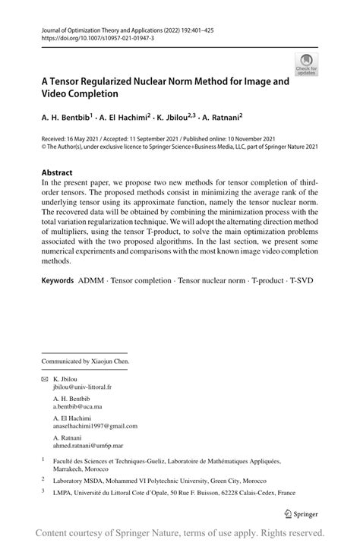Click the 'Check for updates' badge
point(307,65)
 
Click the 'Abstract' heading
point(57,172)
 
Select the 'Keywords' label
point(58,280)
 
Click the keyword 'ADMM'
point(92,280)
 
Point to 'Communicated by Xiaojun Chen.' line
point(85,361)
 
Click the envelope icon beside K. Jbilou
point(44,377)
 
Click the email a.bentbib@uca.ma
point(78,406)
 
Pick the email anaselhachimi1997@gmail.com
point(95,426)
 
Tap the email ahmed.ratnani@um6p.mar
point(87,447)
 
